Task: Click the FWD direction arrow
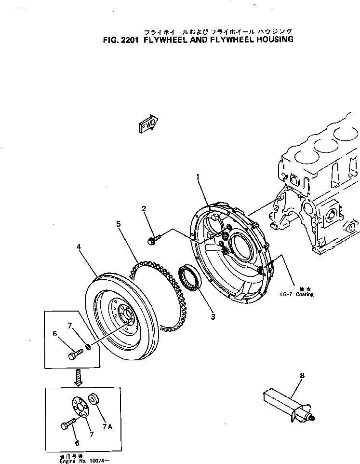pyautogui.click(x=148, y=124)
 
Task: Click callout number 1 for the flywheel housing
pyautogui.click(x=198, y=177)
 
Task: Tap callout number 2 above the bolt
pyautogui.click(x=144, y=208)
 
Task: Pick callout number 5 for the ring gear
pyautogui.click(x=118, y=224)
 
